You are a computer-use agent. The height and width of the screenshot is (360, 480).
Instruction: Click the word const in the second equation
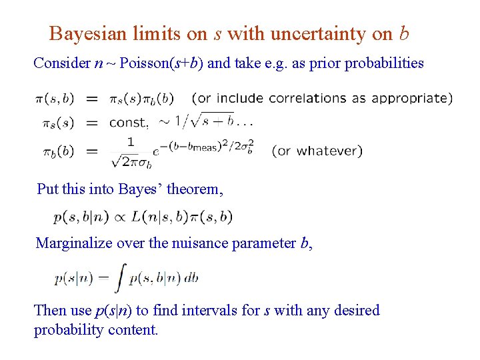coord(128,123)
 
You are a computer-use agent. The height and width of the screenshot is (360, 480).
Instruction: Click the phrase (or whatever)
coord(317,151)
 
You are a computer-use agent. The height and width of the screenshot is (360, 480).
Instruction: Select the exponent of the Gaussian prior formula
coord(212,145)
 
